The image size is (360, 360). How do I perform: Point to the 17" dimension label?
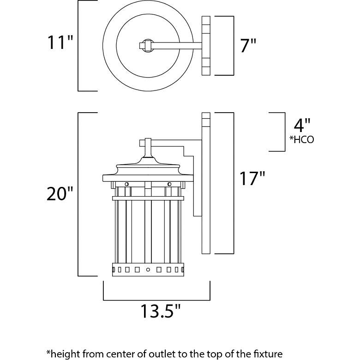(x=251, y=179)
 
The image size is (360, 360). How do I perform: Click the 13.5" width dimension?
(x=156, y=313)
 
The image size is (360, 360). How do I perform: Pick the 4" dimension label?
(x=302, y=125)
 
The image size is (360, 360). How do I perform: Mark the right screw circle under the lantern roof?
(x=169, y=185)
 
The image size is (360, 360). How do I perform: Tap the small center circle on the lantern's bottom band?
(x=148, y=269)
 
